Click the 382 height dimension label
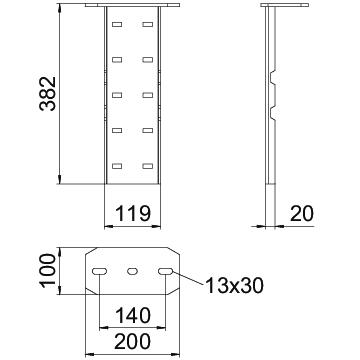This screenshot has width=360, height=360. point(48,94)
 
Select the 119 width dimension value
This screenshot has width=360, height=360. point(133,214)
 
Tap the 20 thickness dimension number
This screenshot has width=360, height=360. point(302,214)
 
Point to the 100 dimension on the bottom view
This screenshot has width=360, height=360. point(48,270)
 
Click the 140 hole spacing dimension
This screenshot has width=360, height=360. point(133,315)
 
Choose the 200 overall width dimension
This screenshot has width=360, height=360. point(133,342)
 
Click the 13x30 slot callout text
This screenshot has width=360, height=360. point(234,286)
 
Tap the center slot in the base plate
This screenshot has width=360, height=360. point(133,271)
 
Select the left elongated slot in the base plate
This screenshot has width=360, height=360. point(100,271)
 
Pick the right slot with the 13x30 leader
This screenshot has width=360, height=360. point(166,271)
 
